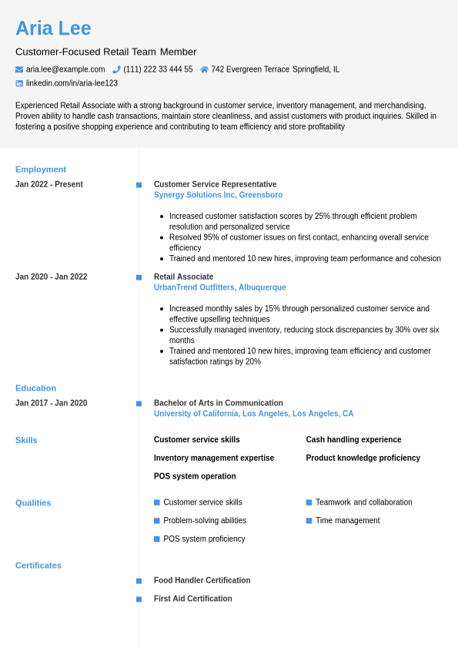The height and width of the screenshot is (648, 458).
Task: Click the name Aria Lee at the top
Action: click(x=53, y=29)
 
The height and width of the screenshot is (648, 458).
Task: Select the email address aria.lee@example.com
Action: click(x=65, y=69)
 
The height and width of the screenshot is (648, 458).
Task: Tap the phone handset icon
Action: click(x=116, y=69)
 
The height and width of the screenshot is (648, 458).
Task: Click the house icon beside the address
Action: click(x=204, y=69)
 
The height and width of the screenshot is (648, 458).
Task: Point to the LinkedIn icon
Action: click(x=19, y=83)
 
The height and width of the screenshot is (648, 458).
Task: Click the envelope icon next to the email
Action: click(x=19, y=69)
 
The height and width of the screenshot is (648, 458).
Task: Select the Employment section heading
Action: click(x=41, y=170)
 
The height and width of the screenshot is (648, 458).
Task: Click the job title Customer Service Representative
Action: click(x=215, y=184)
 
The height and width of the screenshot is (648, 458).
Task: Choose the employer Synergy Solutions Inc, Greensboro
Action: click(x=218, y=195)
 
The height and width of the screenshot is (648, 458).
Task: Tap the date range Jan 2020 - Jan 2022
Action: click(x=51, y=277)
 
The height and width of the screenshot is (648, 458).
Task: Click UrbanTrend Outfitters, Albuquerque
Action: click(x=219, y=287)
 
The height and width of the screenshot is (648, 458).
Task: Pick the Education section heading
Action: click(x=35, y=388)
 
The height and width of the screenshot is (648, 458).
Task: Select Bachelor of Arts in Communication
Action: click(x=218, y=403)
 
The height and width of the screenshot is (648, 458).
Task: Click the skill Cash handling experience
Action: click(x=353, y=440)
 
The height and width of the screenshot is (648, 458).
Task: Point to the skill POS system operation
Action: click(x=195, y=476)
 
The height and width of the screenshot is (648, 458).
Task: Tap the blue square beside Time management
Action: click(x=309, y=521)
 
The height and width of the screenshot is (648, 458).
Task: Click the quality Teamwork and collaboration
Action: click(x=363, y=502)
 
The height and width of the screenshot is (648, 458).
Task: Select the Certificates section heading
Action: click(x=38, y=566)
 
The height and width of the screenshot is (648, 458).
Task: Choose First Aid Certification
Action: click(x=192, y=599)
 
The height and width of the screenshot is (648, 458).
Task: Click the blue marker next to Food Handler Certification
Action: click(x=139, y=581)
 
